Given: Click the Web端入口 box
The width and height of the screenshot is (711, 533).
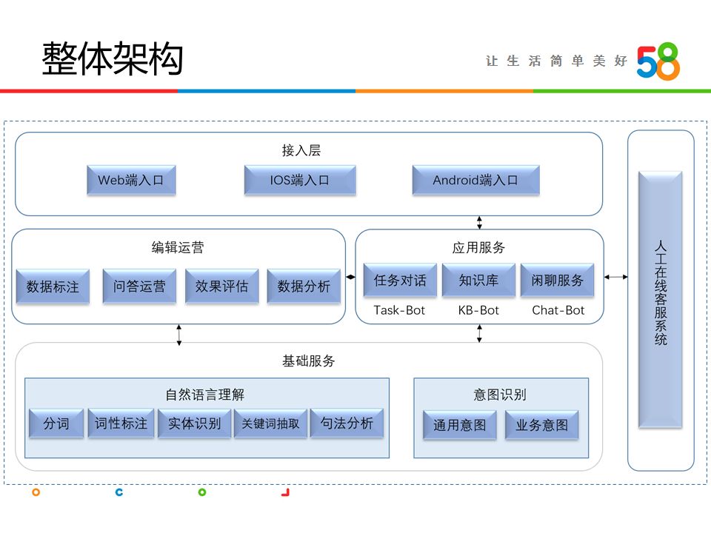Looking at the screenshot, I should tap(130, 180).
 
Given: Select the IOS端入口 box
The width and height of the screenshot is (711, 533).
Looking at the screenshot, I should tap(299, 180).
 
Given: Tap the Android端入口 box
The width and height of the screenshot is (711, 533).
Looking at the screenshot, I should tap(475, 180).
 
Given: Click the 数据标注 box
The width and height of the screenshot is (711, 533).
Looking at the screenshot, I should tap(53, 286).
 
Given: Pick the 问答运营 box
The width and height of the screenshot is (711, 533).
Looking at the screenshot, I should tap(139, 286).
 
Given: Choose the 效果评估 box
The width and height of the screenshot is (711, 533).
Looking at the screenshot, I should tap(221, 286).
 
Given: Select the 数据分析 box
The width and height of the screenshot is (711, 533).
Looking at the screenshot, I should tap(304, 286).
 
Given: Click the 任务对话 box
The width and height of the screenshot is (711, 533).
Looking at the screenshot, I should tap(400, 281).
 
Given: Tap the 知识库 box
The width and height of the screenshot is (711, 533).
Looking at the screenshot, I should tap(479, 281).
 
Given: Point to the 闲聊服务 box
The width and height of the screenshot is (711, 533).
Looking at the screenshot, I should tap(557, 281).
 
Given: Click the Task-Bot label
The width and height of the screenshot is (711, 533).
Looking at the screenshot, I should tap(399, 310).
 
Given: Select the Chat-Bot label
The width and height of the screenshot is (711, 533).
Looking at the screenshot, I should tap(558, 310).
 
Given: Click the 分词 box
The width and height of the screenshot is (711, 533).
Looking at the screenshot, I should tap(56, 424).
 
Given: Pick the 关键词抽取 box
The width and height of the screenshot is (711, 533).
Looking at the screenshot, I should tap(270, 424).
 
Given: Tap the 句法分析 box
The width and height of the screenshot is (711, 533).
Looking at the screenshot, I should tap(347, 423).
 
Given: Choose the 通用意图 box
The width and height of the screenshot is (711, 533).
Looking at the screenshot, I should tap(459, 426).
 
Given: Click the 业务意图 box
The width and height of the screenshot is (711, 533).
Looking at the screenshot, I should tap(541, 426).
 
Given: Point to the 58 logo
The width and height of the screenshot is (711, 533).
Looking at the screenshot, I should tap(658, 61).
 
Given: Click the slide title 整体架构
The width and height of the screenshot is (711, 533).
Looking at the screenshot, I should tap(112, 58).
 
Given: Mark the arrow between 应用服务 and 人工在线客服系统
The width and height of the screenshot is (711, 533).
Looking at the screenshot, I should tap(616, 277).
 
